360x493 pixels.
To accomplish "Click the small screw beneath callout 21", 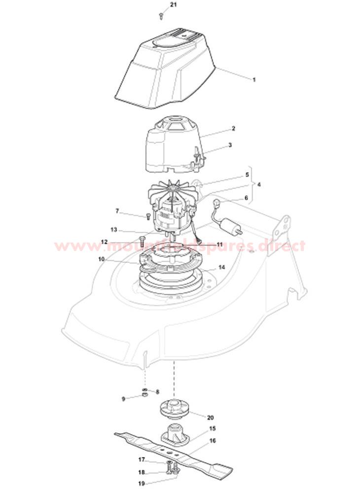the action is coord(161,15).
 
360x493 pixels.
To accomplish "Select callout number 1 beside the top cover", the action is coord(254,80).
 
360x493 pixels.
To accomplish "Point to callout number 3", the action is coord(230,145).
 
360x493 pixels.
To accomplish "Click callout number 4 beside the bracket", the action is coord(259,184).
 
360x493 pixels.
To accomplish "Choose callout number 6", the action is coord(246,198).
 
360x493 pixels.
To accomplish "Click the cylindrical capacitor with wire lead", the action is coord(228,223).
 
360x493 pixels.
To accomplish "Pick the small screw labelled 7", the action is coord(147,216).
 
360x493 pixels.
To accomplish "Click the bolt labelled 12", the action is coord(141,242).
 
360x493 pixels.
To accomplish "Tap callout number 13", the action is coord(114,230).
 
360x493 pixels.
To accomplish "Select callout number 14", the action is coord(221,267).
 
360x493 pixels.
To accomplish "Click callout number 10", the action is coord(101,259).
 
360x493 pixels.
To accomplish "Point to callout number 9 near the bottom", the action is coord(123,399).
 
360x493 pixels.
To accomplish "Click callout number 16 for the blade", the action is coord(213,441).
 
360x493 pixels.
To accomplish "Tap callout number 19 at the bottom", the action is coord(141,484).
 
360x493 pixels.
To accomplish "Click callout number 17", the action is coord(142,459).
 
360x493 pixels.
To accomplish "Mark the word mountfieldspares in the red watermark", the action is coord(179,246).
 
